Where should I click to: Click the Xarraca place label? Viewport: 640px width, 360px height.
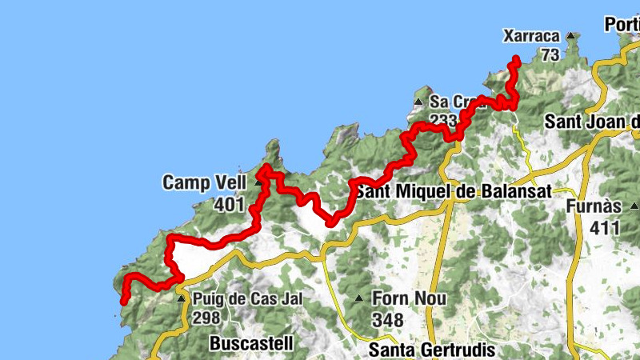[x=530, y=36]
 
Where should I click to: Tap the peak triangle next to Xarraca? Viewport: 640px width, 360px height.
[x=570, y=36]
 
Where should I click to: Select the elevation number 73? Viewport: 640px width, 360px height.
[x=549, y=54]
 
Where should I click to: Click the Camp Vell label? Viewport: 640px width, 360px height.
[x=204, y=182]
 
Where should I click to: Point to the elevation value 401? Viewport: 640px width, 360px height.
[x=229, y=205]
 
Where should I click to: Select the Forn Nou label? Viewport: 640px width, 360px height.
[x=409, y=298]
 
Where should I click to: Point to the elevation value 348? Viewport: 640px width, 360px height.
[x=387, y=320]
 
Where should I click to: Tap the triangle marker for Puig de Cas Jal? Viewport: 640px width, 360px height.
[x=182, y=298]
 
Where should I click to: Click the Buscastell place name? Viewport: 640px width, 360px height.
[x=250, y=344]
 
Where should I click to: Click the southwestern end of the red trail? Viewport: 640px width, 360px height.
[x=124, y=302]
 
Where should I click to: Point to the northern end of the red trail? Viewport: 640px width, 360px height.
[x=517, y=58]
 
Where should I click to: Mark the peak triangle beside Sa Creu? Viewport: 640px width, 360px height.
[x=418, y=102]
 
